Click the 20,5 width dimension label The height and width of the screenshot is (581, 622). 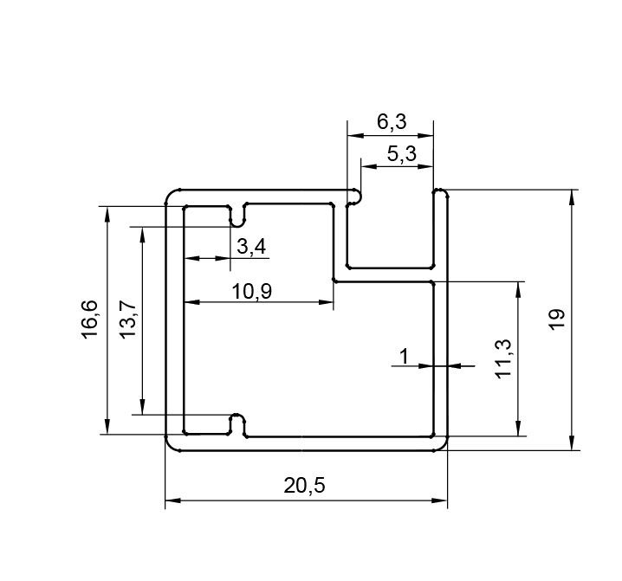(304, 486)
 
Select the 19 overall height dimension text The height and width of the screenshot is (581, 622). (556, 320)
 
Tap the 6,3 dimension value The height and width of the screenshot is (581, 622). (392, 121)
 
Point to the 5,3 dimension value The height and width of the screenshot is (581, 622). (402, 153)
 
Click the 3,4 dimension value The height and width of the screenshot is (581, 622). (251, 247)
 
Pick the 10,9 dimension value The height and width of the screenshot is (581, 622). (252, 292)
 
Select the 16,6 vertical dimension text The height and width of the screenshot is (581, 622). (89, 320)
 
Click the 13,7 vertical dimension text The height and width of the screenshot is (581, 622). (128, 320)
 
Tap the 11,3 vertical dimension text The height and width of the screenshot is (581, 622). (504, 359)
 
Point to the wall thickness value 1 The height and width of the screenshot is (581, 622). (405, 356)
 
